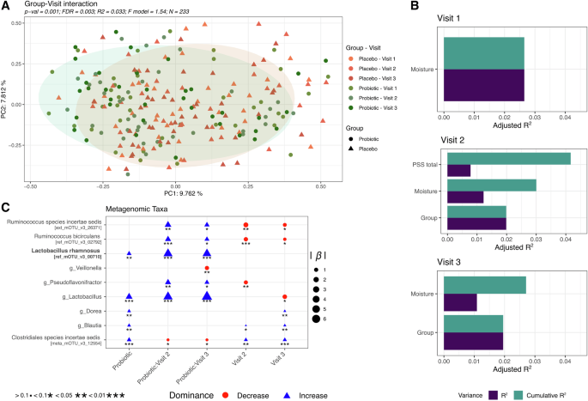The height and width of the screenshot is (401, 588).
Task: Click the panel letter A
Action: (6, 6)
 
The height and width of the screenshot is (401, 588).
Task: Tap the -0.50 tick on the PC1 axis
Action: (31, 185)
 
